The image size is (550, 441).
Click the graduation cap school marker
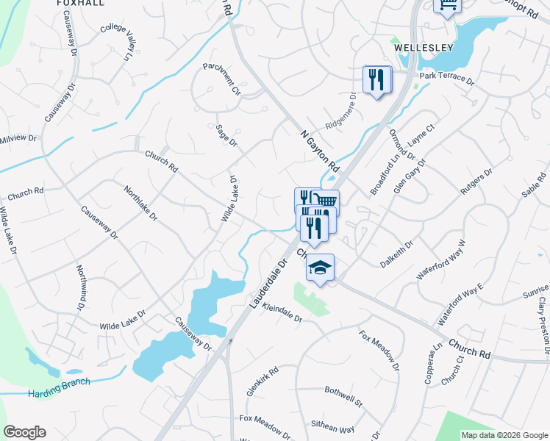[320, 268]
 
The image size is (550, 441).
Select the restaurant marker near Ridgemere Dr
[377, 79]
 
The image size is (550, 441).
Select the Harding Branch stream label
[60, 387]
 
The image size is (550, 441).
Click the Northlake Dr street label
[140, 202]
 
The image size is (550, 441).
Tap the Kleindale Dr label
[282, 315]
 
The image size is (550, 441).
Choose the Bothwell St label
[343, 397]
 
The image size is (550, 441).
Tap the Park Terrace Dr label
[446, 76]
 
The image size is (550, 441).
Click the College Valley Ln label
[119, 40]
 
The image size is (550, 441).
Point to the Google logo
[24, 432]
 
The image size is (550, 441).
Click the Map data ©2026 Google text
[504, 435]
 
